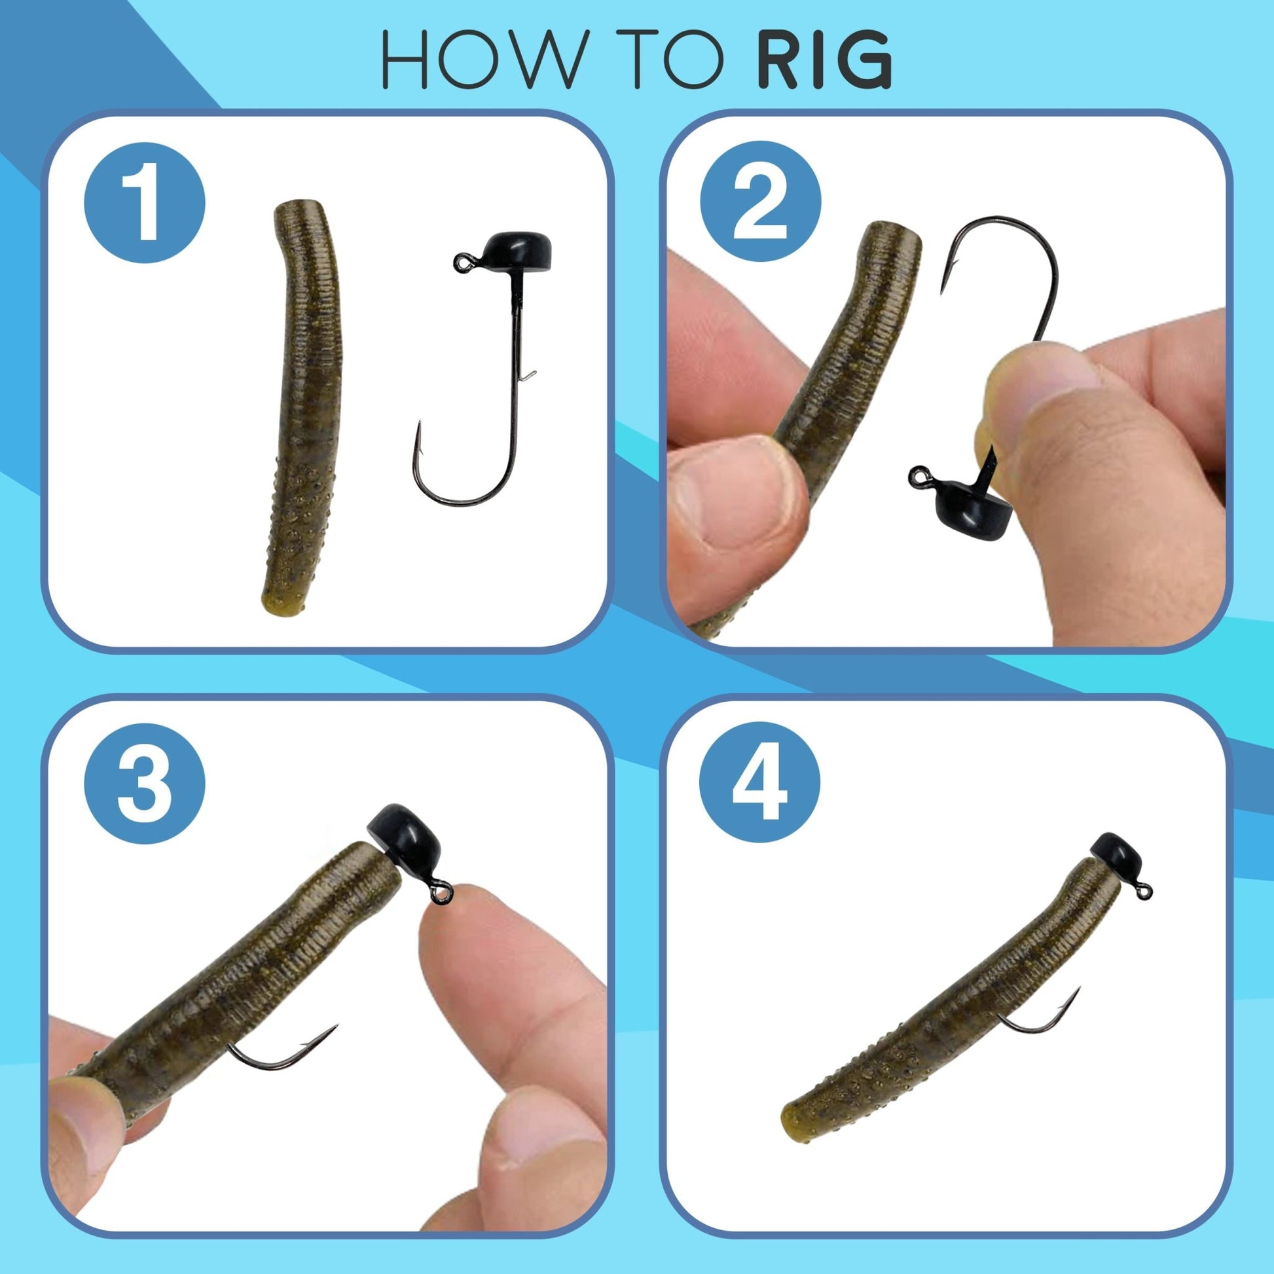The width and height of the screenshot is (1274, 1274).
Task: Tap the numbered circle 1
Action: [x=145, y=202]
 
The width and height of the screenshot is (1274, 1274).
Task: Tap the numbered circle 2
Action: [x=759, y=202]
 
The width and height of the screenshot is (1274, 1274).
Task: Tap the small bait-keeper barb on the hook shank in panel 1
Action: [x=528, y=376]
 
